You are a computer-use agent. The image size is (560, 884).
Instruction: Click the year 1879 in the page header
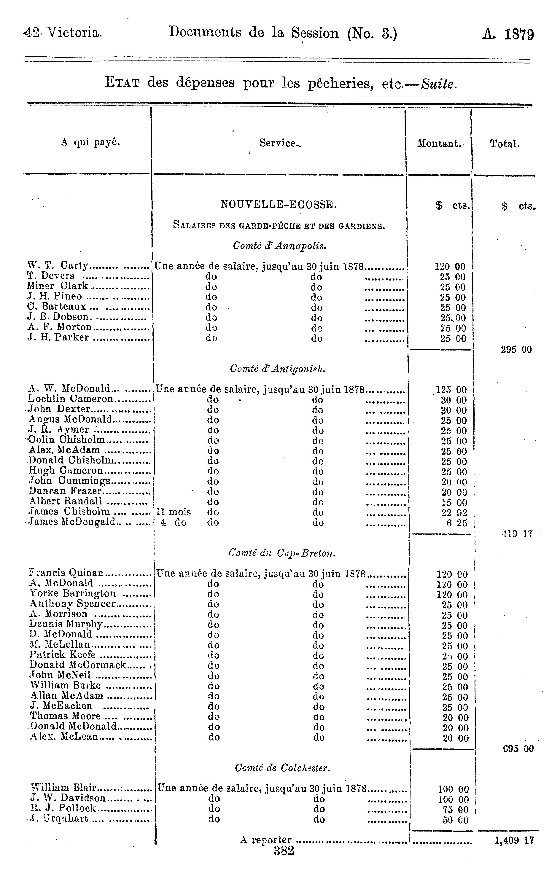[519, 35]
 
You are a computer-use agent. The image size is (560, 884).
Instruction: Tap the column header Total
[505, 144]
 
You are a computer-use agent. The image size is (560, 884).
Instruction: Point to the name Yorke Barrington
[73, 594]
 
